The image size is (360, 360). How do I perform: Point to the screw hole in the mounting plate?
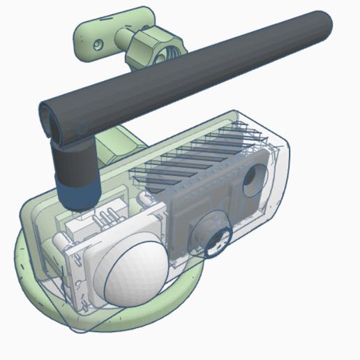click(99, 43)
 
